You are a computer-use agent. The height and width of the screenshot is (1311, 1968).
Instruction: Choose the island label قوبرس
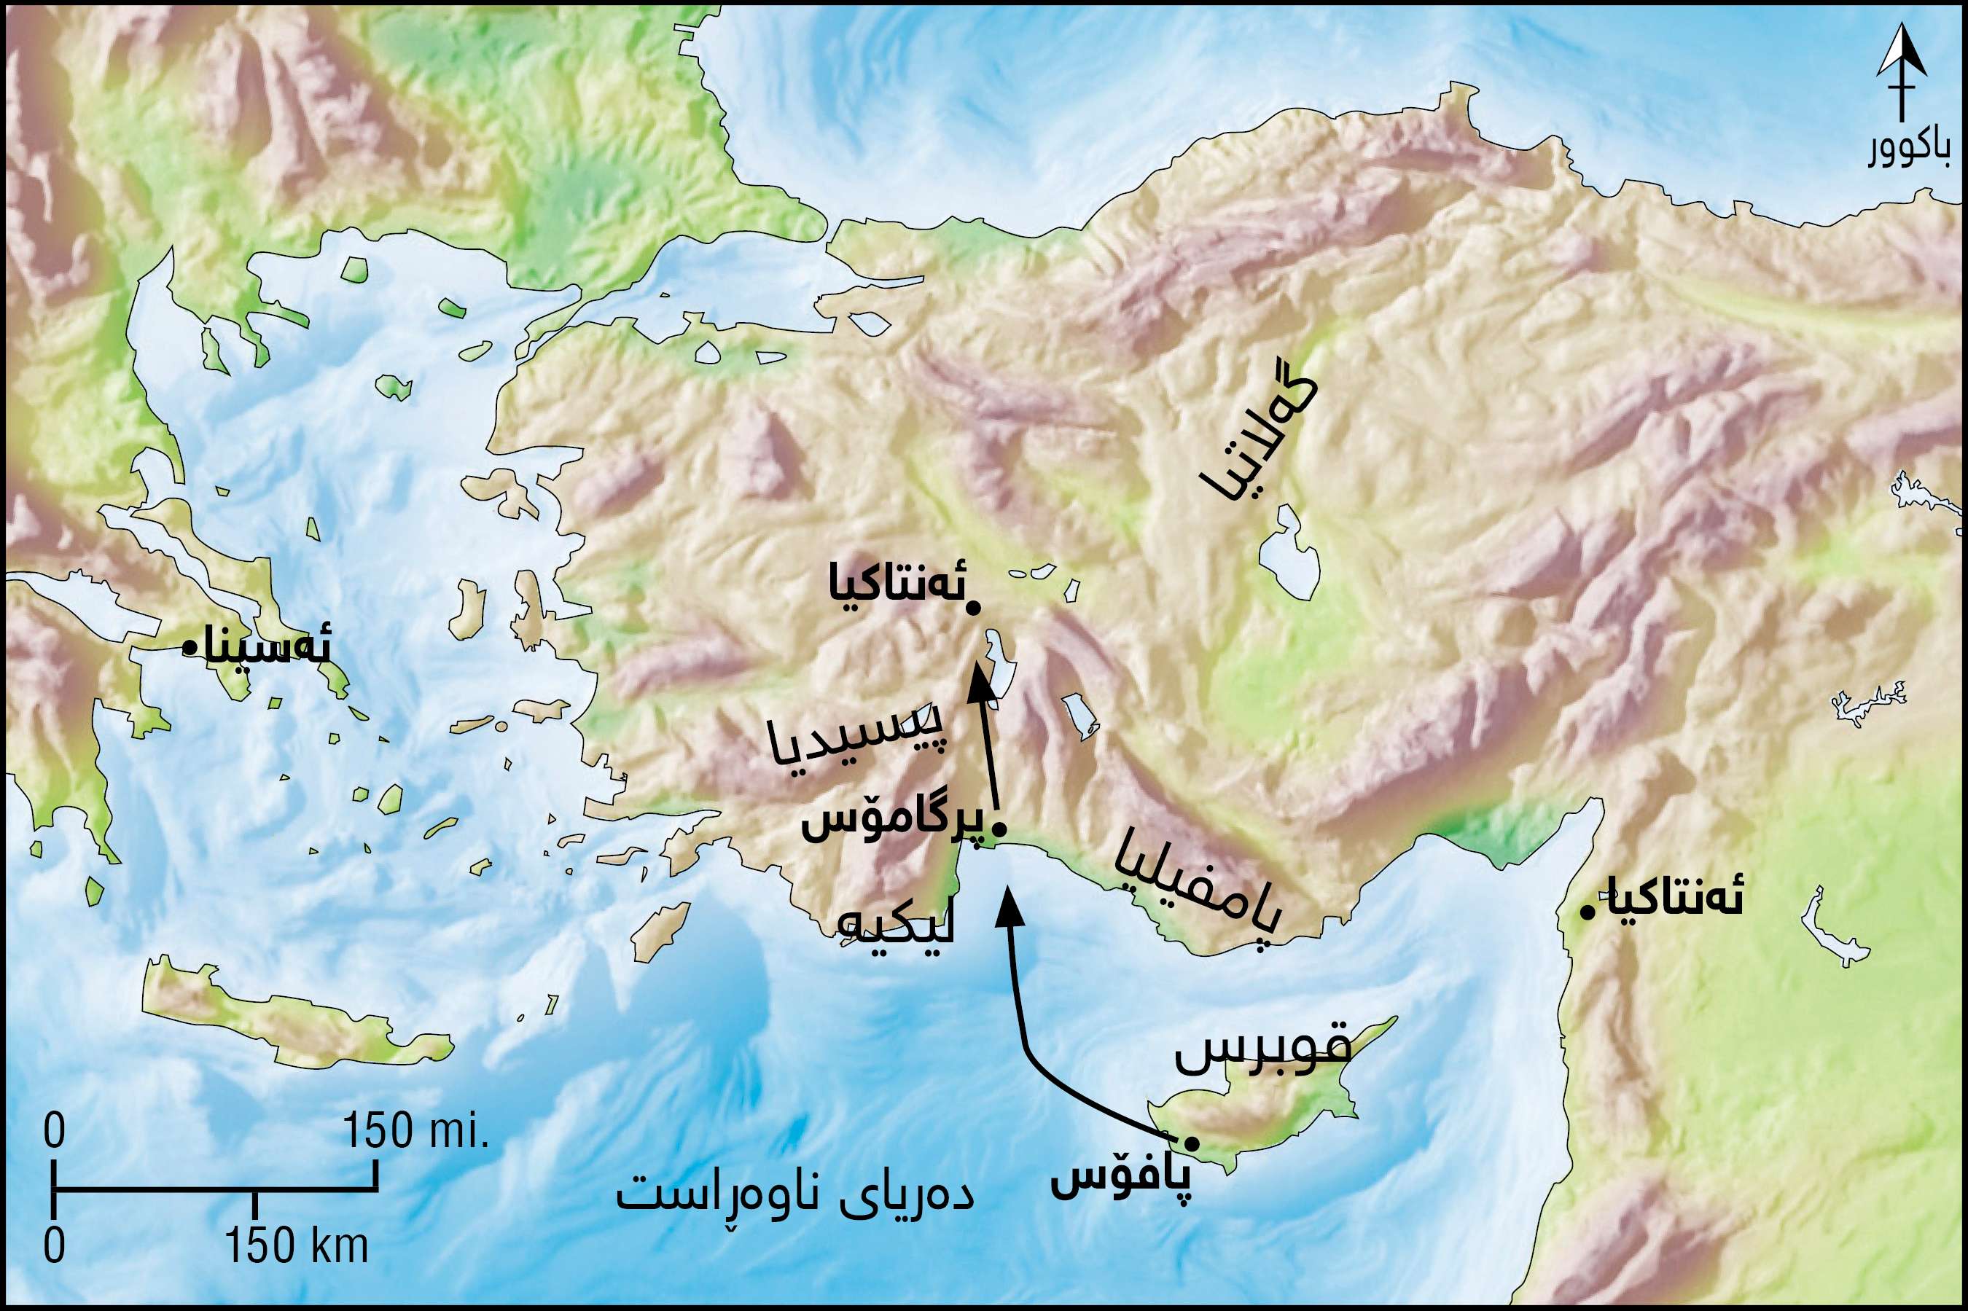(x=1262, y=1055)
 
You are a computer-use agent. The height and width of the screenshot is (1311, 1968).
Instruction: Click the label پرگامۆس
(x=893, y=824)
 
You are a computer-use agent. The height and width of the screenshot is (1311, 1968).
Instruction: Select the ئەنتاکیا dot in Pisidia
(x=972, y=608)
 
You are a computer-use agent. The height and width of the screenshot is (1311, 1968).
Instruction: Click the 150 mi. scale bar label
(x=415, y=1133)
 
